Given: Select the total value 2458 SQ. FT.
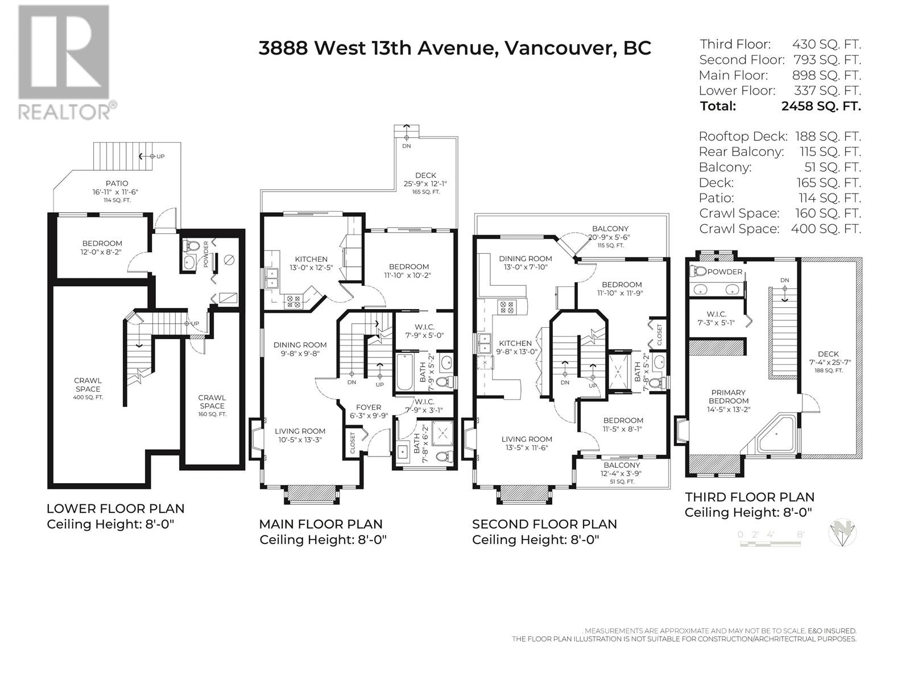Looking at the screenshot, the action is [821, 106].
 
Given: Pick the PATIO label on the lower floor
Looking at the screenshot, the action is [117, 183].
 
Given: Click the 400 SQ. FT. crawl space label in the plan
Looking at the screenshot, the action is [88, 397].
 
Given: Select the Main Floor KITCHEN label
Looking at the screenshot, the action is [311, 259].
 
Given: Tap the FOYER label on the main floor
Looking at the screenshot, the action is [368, 407].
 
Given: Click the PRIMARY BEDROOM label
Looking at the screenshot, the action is [729, 397].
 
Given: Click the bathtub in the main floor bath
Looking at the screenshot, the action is [404, 372].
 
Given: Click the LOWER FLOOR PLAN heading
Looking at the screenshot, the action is [115, 508].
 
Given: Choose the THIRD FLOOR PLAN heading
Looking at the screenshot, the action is [750, 497].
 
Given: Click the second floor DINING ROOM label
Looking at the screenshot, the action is [526, 258].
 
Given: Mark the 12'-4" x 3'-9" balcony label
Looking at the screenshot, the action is [622, 473].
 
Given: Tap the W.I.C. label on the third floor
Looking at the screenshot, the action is [717, 314].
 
